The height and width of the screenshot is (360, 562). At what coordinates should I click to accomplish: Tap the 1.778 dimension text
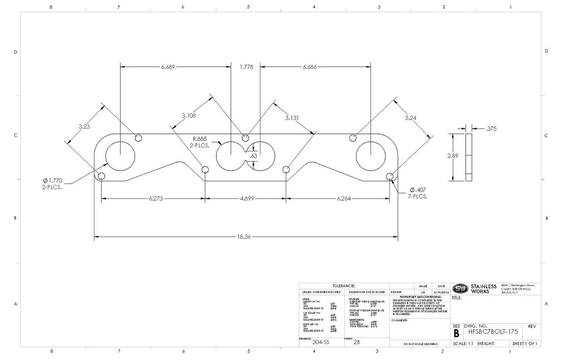click(x=246, y=67)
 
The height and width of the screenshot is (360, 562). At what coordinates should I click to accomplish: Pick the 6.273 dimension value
click(x=156, y=198)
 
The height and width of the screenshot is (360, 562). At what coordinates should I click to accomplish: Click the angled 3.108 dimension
click(x=189, y=116)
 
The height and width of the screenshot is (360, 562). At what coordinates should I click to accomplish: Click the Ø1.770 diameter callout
click(x=50, y=184)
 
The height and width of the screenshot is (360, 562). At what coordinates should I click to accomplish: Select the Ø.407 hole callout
click(x=418, y=193)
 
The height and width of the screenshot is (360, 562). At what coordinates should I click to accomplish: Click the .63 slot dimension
click(x=253, y=156)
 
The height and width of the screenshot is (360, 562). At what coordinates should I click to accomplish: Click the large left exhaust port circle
click(x=121, y=157)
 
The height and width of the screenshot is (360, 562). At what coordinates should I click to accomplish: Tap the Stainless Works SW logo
click(x=460, y=288)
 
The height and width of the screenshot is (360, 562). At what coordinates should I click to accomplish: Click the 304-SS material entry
click(x=319, y=343)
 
